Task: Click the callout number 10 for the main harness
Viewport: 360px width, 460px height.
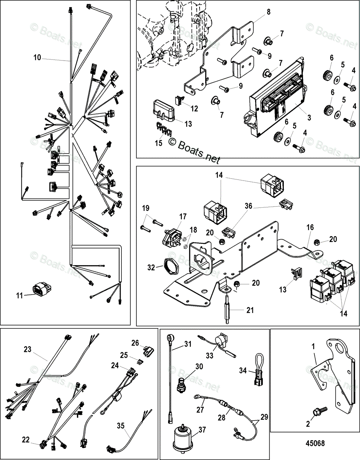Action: tap(37, 58)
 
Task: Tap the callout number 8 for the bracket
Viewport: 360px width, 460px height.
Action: tap(268, 11)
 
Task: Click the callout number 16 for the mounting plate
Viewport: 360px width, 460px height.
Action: tap(310, 228)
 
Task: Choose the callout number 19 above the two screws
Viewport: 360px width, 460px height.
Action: tap(146, 208)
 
